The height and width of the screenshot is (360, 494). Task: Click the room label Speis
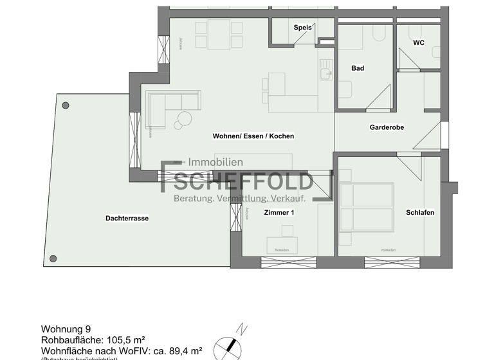point(302,28)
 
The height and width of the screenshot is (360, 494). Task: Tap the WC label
point(418,43)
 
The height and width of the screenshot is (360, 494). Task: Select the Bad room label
point(358,68)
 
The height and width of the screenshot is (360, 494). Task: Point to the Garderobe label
point(387,127)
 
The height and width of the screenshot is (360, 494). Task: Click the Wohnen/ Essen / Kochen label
point(253,136)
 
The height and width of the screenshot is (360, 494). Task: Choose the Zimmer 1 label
point(279,212)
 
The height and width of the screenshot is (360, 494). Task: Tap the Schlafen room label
point(419,213)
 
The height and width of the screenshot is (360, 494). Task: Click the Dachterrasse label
point(127,219)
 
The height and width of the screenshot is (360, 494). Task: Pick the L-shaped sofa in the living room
point(164,105)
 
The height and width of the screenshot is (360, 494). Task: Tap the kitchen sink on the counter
point(326,73)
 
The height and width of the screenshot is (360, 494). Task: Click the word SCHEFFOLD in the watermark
point(244,183)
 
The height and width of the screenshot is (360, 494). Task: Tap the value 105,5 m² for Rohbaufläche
point(125,339)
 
